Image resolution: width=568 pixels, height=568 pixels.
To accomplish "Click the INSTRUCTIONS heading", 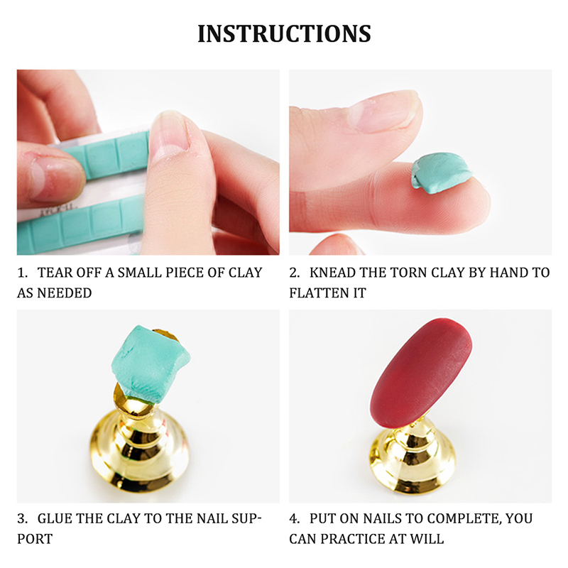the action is click(285, 33).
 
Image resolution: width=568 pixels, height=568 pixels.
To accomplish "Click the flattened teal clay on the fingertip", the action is click(441, 172).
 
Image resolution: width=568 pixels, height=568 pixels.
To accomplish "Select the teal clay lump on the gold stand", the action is click(151, 364).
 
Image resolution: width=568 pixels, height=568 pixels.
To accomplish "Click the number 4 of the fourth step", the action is click(294, 519).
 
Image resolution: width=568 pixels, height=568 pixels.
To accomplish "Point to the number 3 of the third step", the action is click(22, 519).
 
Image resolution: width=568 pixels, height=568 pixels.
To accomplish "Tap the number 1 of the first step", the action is click(22, 273).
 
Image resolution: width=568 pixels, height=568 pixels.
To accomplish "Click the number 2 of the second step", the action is click(294, 273).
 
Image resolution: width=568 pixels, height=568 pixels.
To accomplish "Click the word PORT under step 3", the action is click(35, 539).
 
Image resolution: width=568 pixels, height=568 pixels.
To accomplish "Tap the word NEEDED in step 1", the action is click(65, 293).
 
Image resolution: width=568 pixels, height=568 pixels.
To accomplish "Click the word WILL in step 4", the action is click(427, 539).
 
